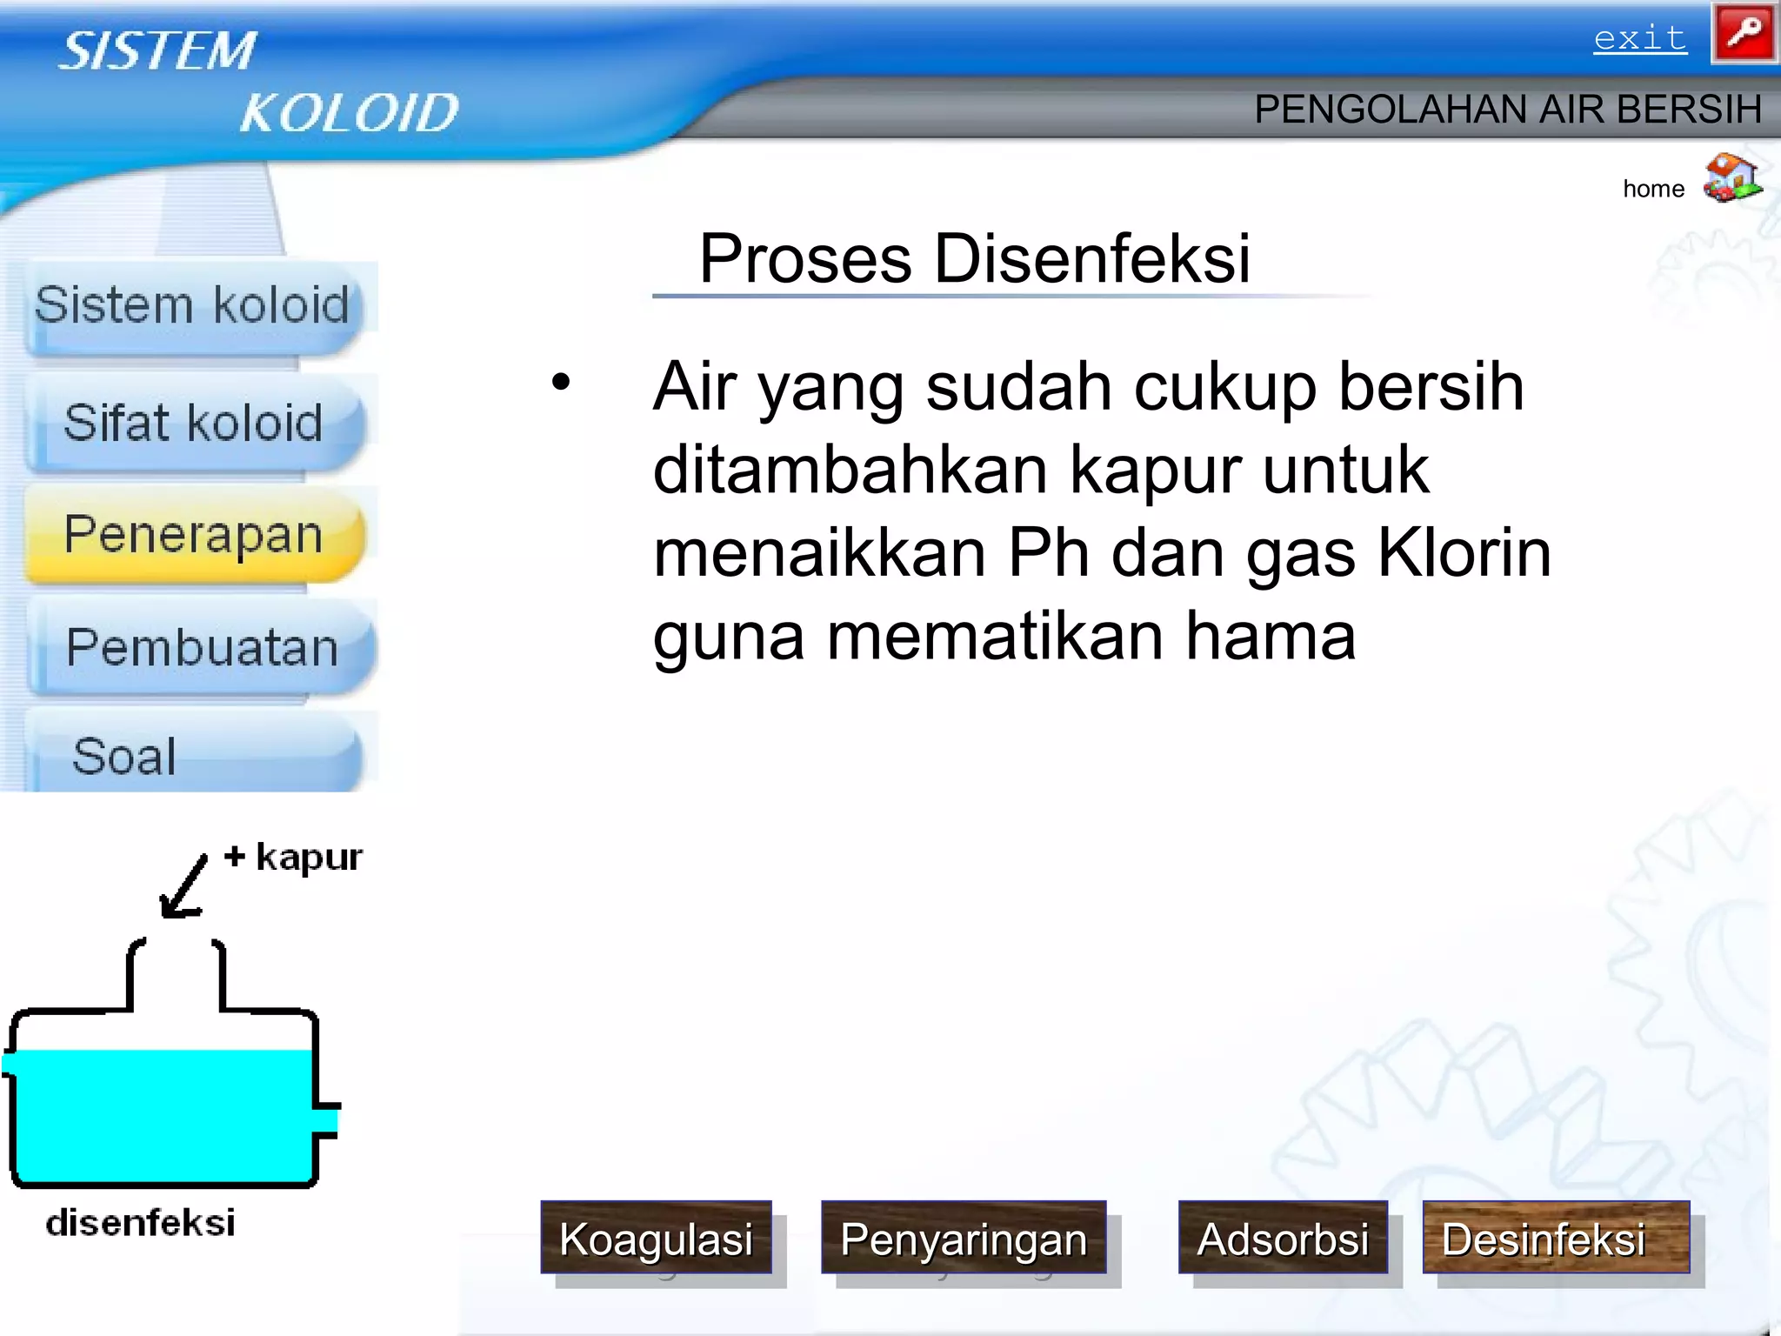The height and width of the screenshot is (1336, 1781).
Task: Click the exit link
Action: pyautogui.click(x=1639, y=39)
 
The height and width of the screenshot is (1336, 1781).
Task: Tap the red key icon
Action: pyautogui.click(x=1744, y=34)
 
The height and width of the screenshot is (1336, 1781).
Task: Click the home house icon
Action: pyautogui.click(x=1732, y=178)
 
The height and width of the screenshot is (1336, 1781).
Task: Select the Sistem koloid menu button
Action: pyautogui.click(x=193, y=306)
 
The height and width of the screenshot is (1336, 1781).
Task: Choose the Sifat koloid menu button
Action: pyautogui.click(x=193, y=424)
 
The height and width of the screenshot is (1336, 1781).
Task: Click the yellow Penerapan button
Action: pyautogui.click(x=193, y=534)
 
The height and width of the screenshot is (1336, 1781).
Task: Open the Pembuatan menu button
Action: pyautogui.click(x=202, y=648)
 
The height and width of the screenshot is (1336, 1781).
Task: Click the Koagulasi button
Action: pyautogui.click(x=656, y=1238)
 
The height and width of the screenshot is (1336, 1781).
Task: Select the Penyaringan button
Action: pyautogui.click(x=964, y=1238)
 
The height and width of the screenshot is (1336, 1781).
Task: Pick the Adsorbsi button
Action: pyautogui.click(x=1282, y=1238)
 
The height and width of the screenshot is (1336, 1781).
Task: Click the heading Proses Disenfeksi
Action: pyautogui.click(x=974, y=259)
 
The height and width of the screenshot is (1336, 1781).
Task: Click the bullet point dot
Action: pyautogui.click(x=561, y=382)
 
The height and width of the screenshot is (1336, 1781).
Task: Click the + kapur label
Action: pyautogui.click(x=293, y=858)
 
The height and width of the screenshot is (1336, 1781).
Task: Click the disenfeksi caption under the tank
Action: pyautogui.click(x=141, y=1223)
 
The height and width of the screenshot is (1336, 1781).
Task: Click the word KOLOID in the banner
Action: pyautogui.click(x=348, y=113)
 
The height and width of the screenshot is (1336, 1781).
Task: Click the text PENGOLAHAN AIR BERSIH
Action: pyautogui.click(x=1507, y=110)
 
